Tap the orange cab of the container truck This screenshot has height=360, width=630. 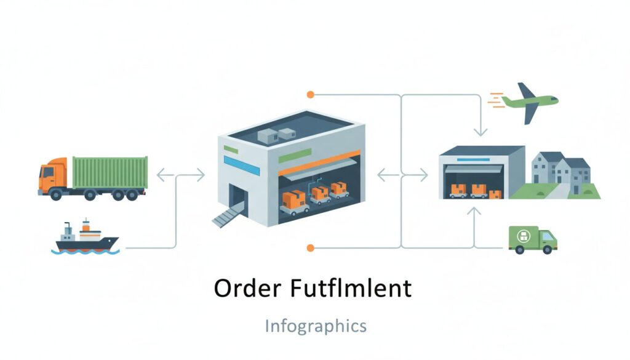(52, 175)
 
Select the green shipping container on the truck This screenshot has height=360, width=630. (110, 172)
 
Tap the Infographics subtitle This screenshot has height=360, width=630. (315, 326)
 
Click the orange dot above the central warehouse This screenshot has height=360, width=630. (310, 95)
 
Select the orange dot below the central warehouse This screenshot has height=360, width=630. (310, 247)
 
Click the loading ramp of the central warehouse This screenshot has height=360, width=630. (227, 215)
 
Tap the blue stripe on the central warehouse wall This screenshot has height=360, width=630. (233, 162)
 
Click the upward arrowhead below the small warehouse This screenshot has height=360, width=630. (474, 211)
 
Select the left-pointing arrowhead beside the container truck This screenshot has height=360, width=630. (161, 175)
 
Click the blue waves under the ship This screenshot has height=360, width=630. (86, 251)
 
